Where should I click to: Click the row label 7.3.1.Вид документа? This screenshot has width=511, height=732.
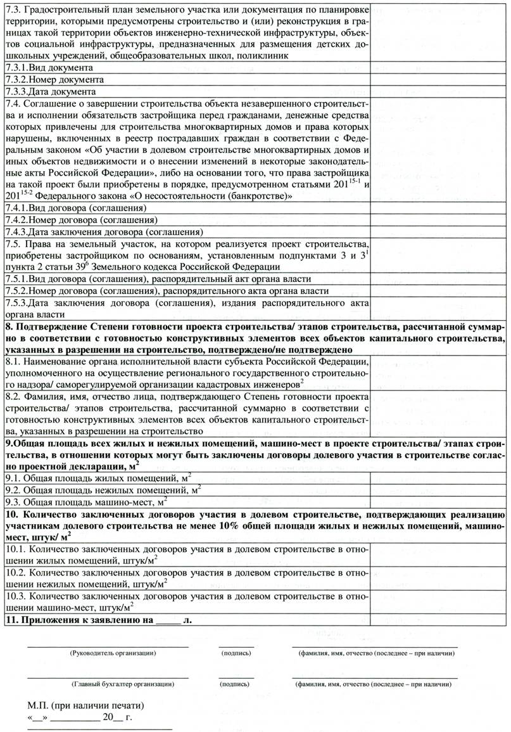coord(49,67)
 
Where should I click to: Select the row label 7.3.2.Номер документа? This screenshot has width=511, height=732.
coord(54,80)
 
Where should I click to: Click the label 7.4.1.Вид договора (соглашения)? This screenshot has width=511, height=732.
coord(76,207)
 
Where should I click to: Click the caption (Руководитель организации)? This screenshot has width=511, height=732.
coord(113,653)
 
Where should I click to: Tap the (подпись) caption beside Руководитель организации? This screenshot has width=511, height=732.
coord(236,653)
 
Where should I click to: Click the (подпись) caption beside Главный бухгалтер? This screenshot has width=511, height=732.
coord(236,684)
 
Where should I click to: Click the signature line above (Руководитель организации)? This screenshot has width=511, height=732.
coord(108,646)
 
